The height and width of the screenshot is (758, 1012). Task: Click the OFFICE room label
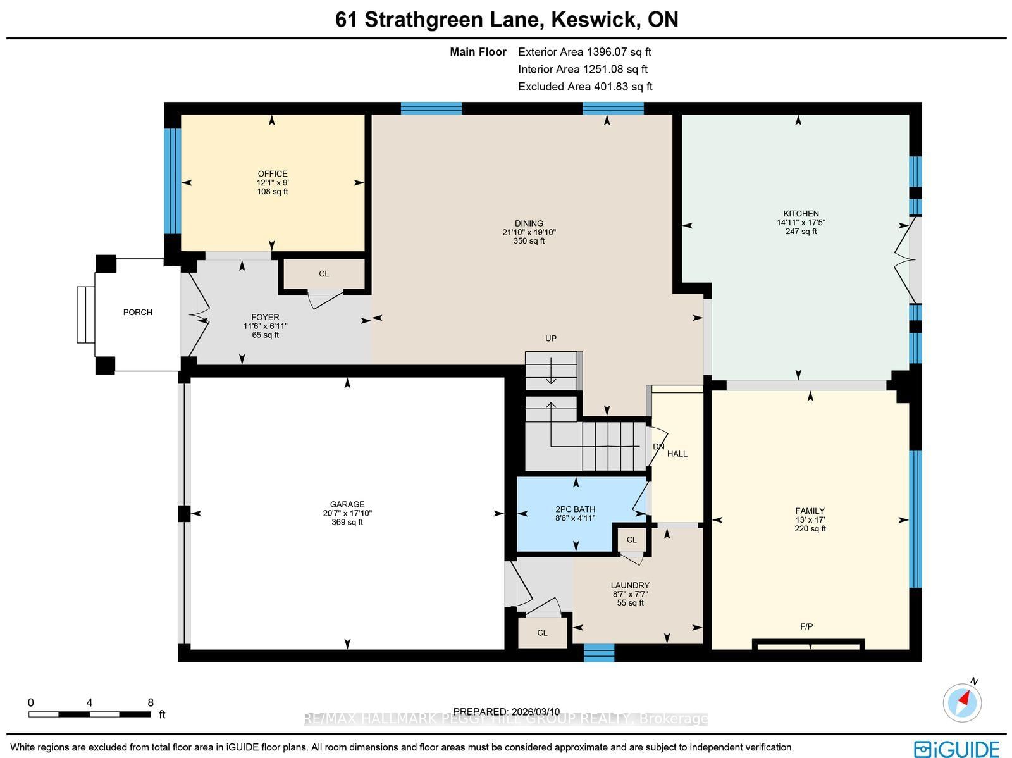coord(273,173)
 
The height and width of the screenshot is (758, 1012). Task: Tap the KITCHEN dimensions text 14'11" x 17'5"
coord(801,223)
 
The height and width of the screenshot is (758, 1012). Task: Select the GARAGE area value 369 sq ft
coord(347,522)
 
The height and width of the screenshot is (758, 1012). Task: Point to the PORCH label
coord(137,312)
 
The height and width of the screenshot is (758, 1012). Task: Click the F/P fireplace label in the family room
coord(806,626)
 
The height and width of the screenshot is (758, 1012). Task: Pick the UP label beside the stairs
coord(551,339)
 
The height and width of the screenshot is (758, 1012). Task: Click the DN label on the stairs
coord(658,447)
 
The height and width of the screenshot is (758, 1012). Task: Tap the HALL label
coord(677,454)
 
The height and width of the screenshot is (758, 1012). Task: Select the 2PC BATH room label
coord(575,509)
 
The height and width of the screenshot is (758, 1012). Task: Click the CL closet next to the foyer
coord(324,274)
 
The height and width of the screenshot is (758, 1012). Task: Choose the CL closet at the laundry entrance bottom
coord(542,633)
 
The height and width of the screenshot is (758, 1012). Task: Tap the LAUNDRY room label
coord(630,585)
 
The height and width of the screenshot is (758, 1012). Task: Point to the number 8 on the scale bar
coord(151,702)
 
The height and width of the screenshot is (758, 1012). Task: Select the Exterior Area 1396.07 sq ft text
coord(584,52)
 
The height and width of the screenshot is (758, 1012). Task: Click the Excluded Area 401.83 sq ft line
coord(585,87)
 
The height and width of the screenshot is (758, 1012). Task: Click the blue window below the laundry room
coord(598,652)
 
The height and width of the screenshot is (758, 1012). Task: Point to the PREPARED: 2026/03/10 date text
coord(507,711)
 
